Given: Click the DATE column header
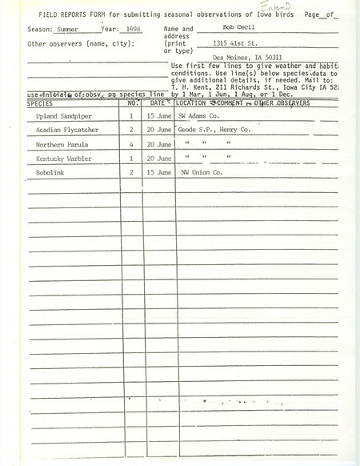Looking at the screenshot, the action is (158, 103).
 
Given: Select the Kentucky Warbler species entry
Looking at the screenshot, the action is (59, 159).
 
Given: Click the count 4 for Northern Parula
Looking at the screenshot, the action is (131, 145).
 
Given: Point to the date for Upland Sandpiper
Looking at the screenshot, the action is (158, 116).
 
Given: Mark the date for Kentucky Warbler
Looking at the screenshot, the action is (158, 159).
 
